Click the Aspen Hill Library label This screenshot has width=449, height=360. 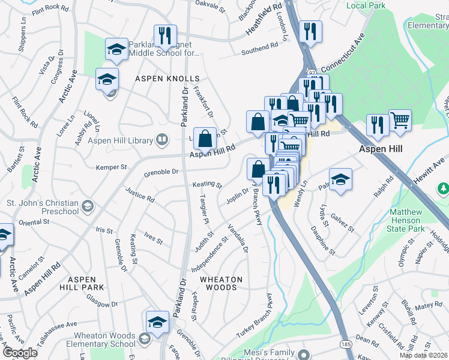[x=121, y=140]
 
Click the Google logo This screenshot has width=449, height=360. [x=20, y=353]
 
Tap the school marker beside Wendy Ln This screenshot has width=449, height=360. [x=340, y=179]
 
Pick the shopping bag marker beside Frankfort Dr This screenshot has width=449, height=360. [x=205, y=139]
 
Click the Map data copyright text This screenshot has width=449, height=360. [x=423, y=355]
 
